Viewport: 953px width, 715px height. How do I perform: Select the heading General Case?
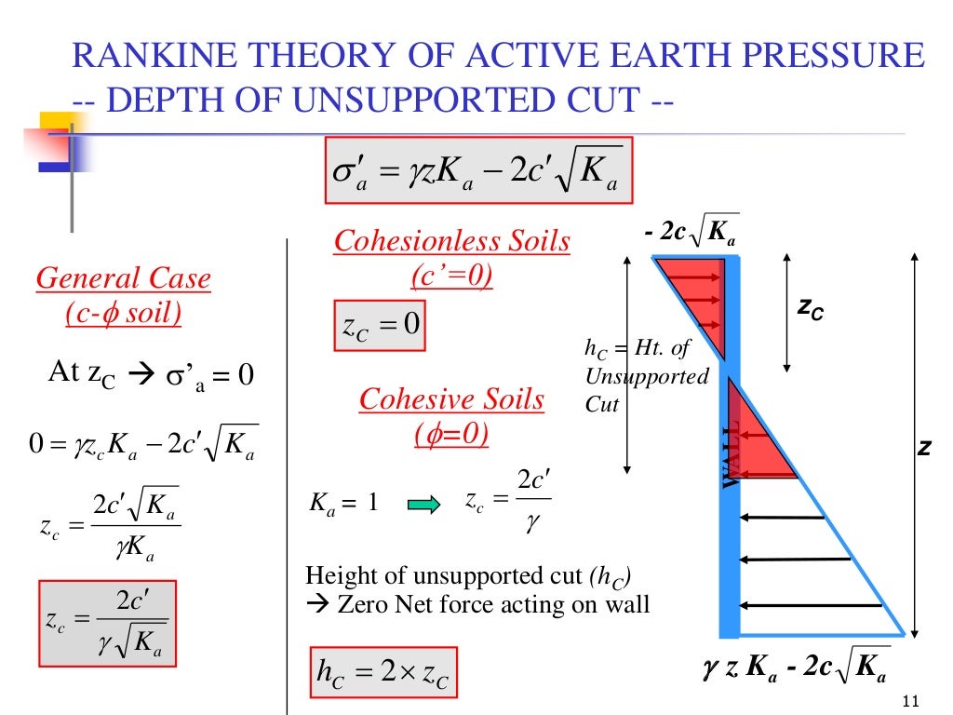point(123,278)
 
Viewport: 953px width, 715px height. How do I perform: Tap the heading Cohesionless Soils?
point(451,241)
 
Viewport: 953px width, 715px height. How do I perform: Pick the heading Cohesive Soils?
point(451,400)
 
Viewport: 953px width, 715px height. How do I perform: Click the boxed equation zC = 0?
point(379,325)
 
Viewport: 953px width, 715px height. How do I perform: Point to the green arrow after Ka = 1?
point(423,506)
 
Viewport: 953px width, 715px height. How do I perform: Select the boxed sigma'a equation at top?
point(478,170)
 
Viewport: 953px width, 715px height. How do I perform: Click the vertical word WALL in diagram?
point(732,453)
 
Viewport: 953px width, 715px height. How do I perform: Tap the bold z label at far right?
point(925,449)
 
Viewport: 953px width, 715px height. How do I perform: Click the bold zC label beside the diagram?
point(809,312)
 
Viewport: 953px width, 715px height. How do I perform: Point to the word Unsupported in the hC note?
point(647,377)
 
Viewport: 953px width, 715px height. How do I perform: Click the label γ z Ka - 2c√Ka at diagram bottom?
point(795,667)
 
